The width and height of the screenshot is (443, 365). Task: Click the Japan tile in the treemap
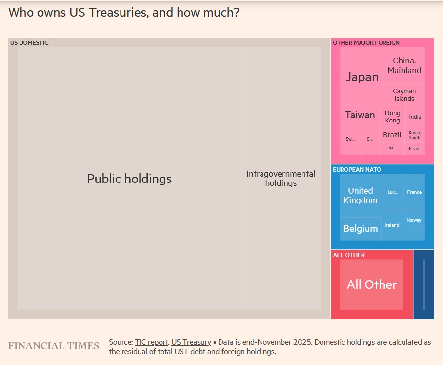362,77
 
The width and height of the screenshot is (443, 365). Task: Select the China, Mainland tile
404,65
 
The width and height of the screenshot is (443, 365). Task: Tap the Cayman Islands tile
404,95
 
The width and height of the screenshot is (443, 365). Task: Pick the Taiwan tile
360,115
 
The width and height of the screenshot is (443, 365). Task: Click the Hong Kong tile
392,117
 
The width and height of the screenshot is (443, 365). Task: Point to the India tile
415,117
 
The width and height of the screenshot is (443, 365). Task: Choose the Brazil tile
392,135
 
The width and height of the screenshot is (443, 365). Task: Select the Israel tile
414,148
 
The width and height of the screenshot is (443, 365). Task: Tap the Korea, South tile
414,135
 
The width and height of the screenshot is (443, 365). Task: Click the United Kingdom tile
360,195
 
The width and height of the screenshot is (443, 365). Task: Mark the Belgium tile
360,228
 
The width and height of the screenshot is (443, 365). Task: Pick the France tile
414,192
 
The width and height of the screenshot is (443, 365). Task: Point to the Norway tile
414,220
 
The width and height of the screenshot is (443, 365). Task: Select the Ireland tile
392,225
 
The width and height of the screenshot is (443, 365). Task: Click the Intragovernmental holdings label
281,179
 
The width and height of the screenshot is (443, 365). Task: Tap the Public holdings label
129,179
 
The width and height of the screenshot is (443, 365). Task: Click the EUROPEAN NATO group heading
357,170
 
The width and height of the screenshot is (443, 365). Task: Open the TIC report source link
151,342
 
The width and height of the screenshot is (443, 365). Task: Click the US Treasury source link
191,342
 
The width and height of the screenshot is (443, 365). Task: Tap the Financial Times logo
54,346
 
